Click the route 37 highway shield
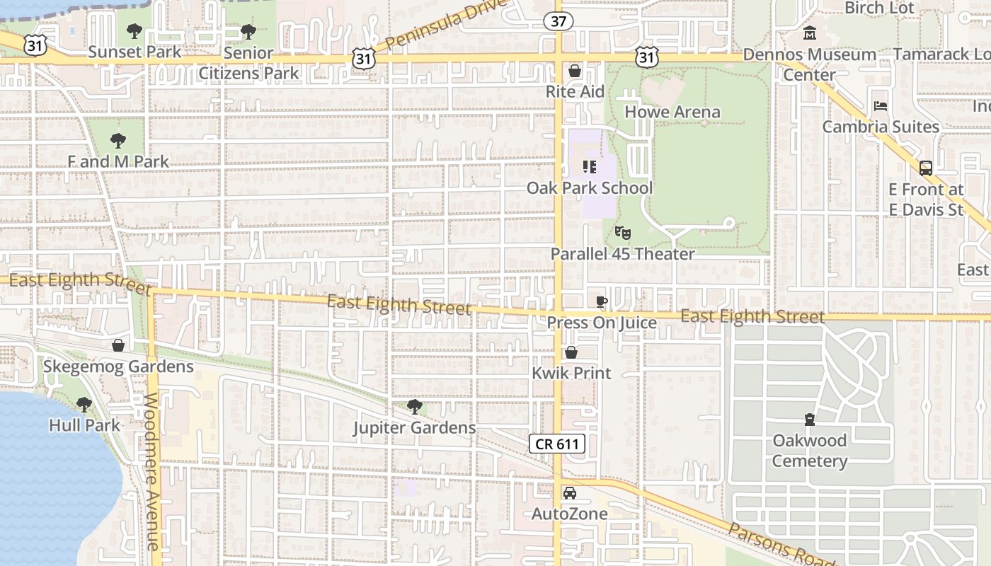[558, 21]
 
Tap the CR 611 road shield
[557, 444]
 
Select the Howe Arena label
[672, 112]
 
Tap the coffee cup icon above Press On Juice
[601, 302]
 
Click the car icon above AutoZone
[570, 493]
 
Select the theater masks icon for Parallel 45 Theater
[622, 232]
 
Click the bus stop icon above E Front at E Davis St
[925, 168]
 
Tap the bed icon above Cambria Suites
[881, 106]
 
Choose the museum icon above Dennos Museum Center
[810, 33]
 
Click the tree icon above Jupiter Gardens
[415, 407]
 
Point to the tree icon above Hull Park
[84, 405]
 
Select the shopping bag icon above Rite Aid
[575, 71]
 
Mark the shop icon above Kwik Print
[571, 352]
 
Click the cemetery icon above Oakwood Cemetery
[810, 420]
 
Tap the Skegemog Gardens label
[118, 366]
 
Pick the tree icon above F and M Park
[118, 141]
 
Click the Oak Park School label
[590, 188]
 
